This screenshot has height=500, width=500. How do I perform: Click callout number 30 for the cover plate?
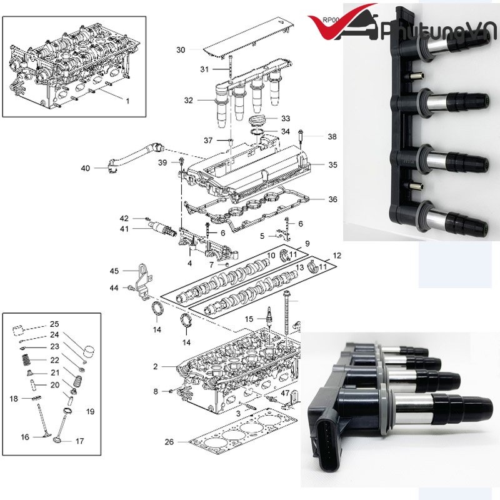click(181, 49)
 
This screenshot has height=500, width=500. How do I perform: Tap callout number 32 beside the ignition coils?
click(189, 100)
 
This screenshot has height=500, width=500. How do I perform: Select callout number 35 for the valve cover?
click(332, 165)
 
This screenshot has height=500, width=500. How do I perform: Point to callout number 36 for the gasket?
click(332, 199)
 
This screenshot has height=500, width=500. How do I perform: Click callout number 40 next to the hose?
click(86, 168)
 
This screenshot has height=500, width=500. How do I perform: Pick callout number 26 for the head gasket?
click(169, 442)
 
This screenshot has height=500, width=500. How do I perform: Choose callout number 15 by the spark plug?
click(249, 319)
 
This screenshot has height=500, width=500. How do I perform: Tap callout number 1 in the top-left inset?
click(127, 101)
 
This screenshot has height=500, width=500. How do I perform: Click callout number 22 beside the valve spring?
click(55, 359)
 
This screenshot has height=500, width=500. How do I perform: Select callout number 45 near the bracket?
click(114, 271)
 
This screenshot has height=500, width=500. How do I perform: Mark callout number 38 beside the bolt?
click(332, 136)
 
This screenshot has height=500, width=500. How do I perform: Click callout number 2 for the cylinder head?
click(156, 366)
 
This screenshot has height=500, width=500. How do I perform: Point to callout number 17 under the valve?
click(79, 441)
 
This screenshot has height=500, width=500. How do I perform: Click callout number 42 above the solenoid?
click(124, 218)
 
